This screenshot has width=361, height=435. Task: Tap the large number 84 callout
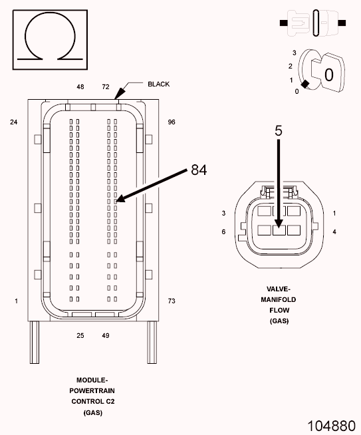(x=199, y=170)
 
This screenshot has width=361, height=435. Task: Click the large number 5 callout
(x=279, y=131)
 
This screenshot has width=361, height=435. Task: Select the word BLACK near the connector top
(x=159, y=84)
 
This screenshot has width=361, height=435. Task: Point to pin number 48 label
(x=80, y=87)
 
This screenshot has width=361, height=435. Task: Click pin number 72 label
(x=105, y=87)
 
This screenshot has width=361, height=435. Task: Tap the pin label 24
(x=14, y=122)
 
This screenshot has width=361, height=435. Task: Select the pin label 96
(x=172, y=122)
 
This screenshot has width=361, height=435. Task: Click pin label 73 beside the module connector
(x=172, y=301)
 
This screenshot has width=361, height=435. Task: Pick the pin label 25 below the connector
(x=80, y=336)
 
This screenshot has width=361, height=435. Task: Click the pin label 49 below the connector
(x=105, y=336)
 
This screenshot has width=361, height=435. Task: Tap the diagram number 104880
(x=330, y=424)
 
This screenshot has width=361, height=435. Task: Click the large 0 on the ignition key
(x=328, y=74)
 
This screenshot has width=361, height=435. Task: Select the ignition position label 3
(x=293, y=52)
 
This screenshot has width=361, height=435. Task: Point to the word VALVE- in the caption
(x=279, y=290)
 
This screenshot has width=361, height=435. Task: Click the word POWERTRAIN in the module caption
(x=92, y=390)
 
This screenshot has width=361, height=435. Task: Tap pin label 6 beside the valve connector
(x=225, y=231)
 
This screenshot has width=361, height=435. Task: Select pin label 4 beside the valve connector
(x=334, y=231)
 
